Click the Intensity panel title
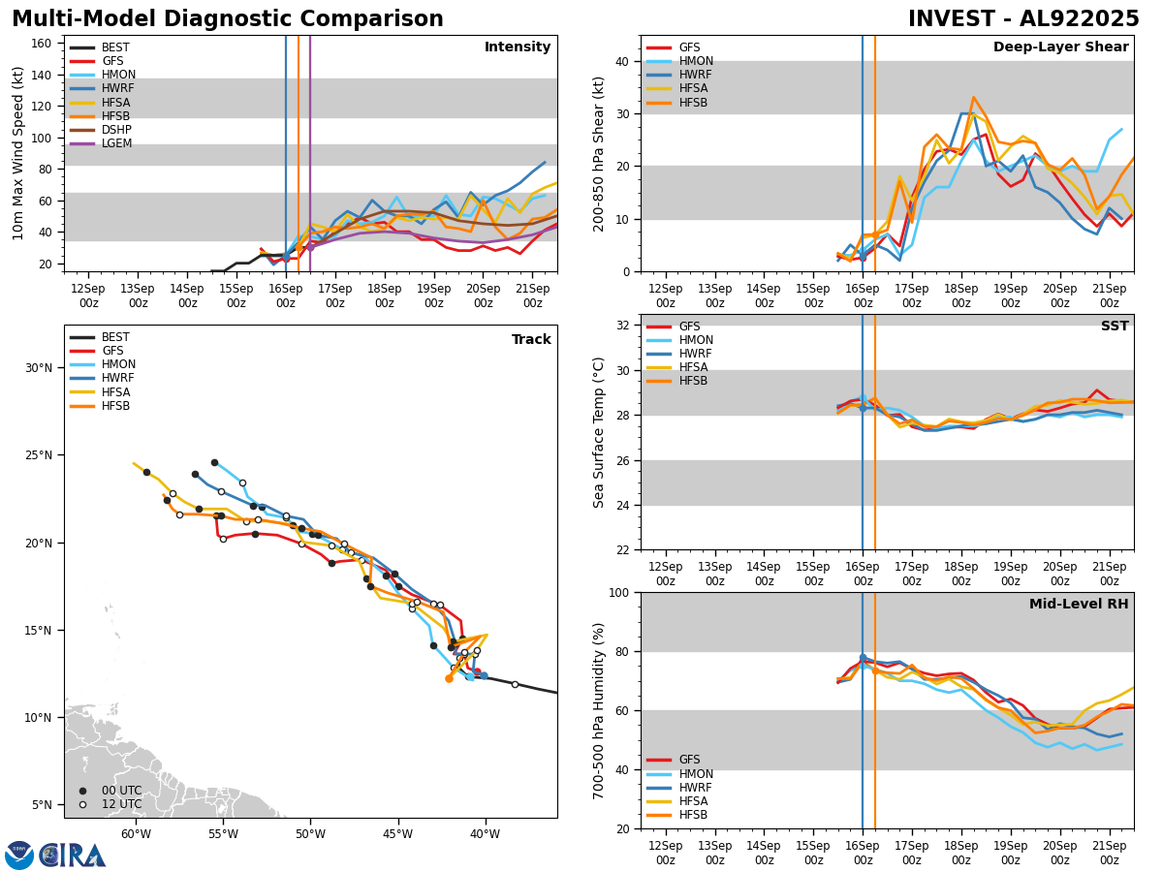click(x=517, y=47)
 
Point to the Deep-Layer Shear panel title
click(x=1060, y=47)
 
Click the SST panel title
click(x=1114, y=327)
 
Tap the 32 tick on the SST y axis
click(x=623, y=326)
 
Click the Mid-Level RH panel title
click(x=1079, y=605)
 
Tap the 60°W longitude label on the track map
click(x=136, y=834)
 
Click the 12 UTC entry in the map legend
click(x=121, y=804)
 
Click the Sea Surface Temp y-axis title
click(x=600, y=432)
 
